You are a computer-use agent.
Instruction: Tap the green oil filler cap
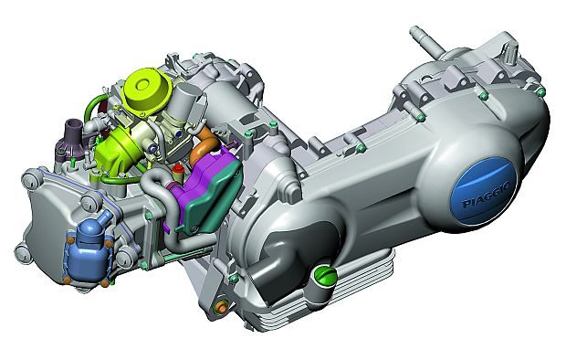(326, 276)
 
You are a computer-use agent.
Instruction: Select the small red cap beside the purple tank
(177, 169)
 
